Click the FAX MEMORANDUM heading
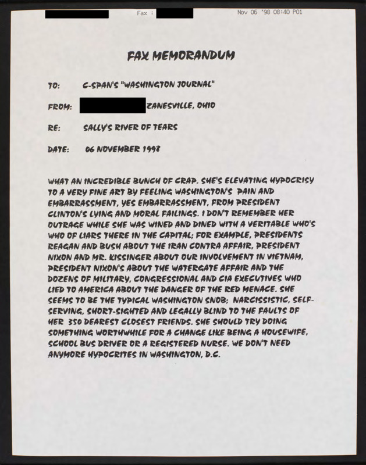click(x=181, y=55)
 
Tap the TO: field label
click(x=54, y=85)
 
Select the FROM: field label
click(x=60, y=106)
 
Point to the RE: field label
click(x=55, y=127)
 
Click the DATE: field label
click(x=58, y=149)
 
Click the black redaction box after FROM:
click(x=112, y=106)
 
